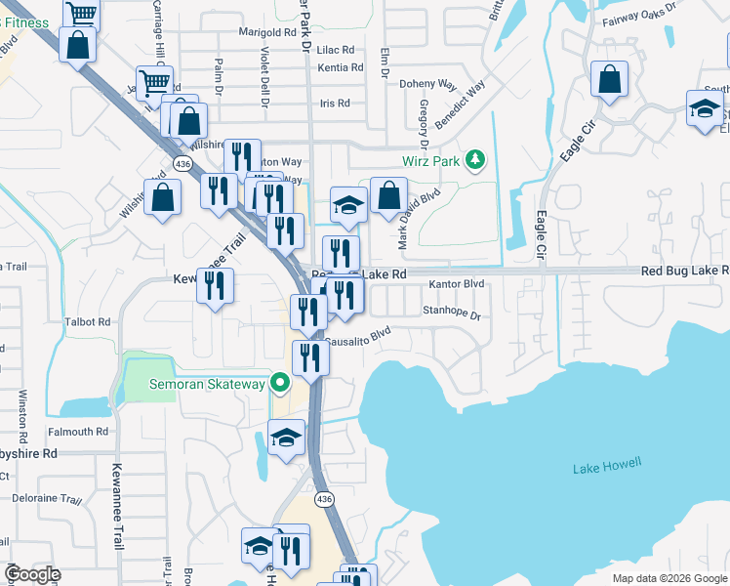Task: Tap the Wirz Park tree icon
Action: click(475, 159)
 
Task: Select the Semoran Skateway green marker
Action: click(279, 384)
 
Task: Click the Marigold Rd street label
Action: click(262, 32)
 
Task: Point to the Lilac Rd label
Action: click(335, 49)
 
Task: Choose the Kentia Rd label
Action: click(342, 68)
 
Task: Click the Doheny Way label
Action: click(428, 84)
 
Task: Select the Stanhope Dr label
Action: click(452, 315)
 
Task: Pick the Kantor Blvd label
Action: click(457, 284)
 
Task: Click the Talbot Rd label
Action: click(89, 321)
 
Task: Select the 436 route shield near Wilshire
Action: click(182, 162)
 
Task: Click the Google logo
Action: click(31, 574)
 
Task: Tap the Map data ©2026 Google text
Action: click(669, 578)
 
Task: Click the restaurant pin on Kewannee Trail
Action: click(216, 286)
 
